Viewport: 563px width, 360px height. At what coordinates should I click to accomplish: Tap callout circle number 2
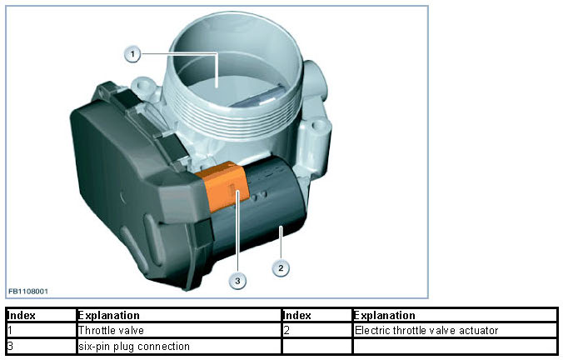point(282,267)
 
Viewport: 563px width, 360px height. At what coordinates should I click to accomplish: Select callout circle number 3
point(238,281)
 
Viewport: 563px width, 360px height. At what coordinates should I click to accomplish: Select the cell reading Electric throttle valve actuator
point(426,330)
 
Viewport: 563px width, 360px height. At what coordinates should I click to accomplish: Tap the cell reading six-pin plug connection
point(133,345)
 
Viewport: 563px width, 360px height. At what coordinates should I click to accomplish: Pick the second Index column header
point(297,316)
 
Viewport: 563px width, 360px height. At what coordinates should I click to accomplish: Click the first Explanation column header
point(108,316)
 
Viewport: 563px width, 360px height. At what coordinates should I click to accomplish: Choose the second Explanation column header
point(385,316)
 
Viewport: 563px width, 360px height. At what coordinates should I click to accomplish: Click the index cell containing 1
point(10,330)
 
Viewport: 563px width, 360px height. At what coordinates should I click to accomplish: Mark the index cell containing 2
point(286,330)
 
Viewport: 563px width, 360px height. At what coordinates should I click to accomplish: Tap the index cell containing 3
point(10,345)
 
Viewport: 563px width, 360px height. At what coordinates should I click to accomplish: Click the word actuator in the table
point(480,330)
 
